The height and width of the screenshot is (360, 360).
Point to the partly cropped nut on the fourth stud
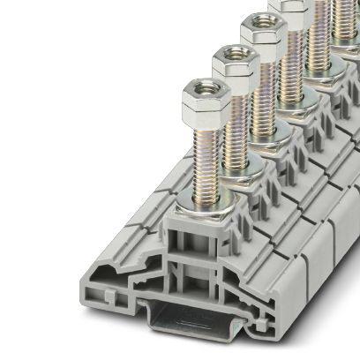[287, 8]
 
